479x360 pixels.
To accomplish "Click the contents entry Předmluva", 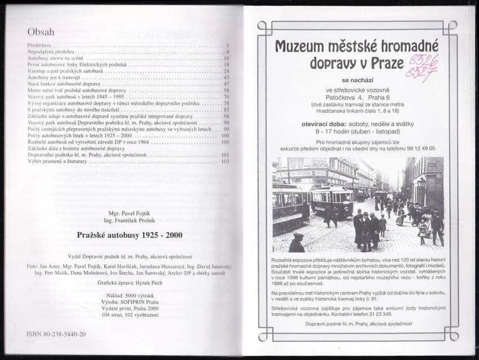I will pos(40,45).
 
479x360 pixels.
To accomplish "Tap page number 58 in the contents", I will pos(226,90).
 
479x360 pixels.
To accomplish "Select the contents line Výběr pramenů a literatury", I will pos(59,161).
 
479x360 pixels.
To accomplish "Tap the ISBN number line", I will pos(56,334).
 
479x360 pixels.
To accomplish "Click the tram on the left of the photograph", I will pos(290,206).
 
